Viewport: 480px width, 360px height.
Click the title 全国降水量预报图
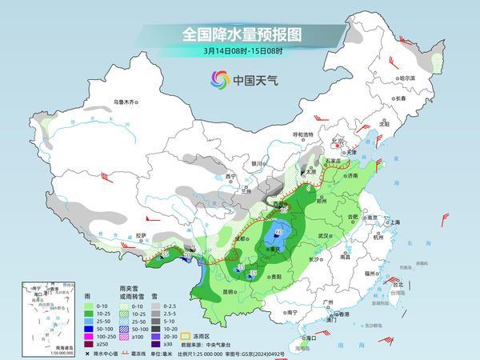[x=239, y=34]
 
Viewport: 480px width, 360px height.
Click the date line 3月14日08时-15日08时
[x=239, y=53]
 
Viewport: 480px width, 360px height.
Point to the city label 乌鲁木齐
[x=126, y=102]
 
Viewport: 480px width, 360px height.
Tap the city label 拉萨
[x=142, y=235]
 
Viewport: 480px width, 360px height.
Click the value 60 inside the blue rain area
[x=278, y=233]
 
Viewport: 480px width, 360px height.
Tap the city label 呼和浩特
[x=302, y=135]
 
